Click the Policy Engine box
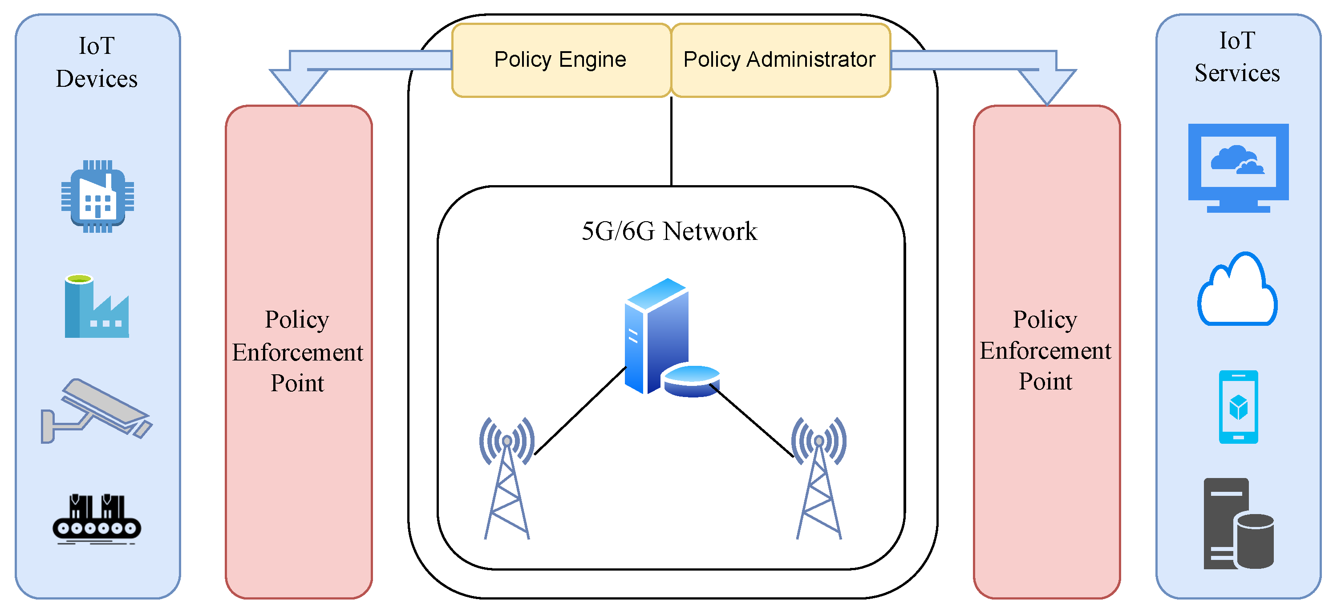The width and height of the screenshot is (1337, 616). coord(560,60)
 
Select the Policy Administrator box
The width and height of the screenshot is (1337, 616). coord(780,60)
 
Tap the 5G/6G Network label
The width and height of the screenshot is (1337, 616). coord(669,231)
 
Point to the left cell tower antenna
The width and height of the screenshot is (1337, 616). coord(507,478)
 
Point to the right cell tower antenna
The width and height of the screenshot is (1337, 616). coord(819,478)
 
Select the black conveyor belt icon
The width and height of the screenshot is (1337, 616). coord(97,519)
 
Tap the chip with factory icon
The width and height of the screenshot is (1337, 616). coord(97,197)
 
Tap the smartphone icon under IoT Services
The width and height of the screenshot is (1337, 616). coord(1238,407)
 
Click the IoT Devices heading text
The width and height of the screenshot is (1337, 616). coord(97,62)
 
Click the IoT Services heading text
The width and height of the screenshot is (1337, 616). coord(1237,57)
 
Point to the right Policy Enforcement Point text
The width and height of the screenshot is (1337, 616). coord(1045,350)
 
